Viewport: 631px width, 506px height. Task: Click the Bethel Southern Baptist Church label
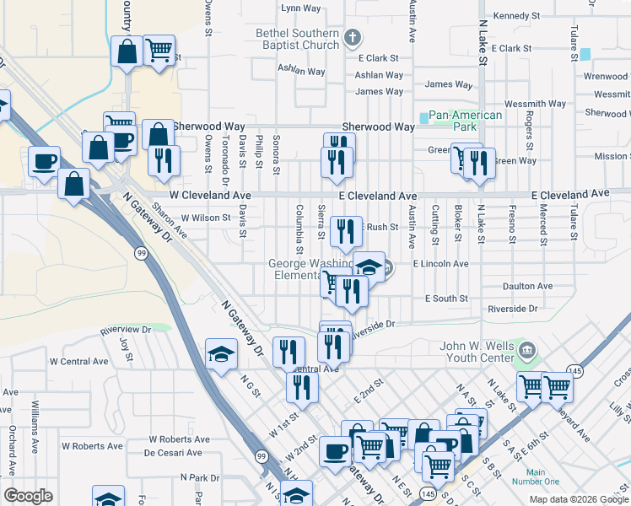(x=297, y=39)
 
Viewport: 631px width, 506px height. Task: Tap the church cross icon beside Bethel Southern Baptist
(x=353, y=38)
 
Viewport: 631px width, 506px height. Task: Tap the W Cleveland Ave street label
(x=210, y=195)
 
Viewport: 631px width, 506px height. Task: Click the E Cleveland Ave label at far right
(x=570, y=194)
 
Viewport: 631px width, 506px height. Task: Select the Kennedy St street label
(x=516, y=16)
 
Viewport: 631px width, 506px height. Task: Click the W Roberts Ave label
(x=179, y=439)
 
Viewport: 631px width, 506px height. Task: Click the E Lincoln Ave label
(x=440, y=264)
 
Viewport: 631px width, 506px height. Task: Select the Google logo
(x=28, y=496)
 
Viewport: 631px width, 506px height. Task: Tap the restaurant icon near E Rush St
(x=346, y=230)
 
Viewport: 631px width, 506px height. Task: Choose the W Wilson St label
(x=199, y=218)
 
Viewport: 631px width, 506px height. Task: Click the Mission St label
(x=611, y=156)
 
